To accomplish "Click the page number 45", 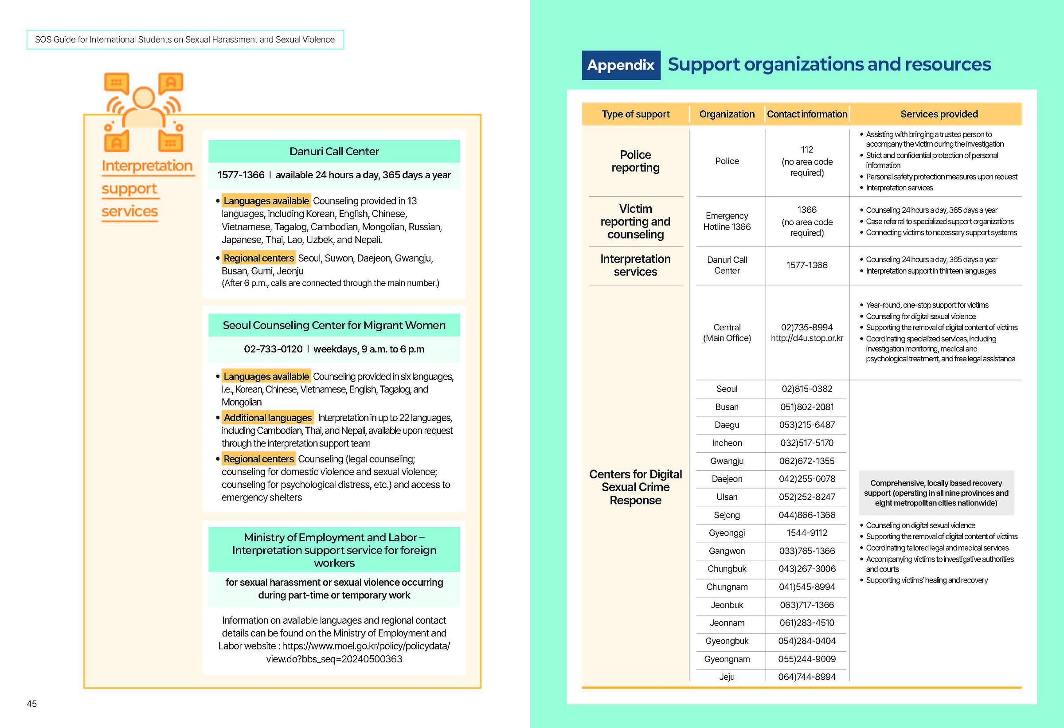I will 31,704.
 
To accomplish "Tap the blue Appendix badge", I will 621,65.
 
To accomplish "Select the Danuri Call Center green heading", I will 334,152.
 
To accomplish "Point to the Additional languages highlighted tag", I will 267,418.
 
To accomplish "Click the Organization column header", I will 727,114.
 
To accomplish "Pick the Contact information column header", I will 807,114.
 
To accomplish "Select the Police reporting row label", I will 635,161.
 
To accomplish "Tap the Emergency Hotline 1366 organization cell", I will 727,221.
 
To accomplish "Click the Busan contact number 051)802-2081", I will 807,407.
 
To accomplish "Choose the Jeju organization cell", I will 727,677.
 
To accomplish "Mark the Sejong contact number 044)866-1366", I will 807,515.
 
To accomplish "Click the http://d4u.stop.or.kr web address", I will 807,338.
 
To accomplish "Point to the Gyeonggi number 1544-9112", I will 807,533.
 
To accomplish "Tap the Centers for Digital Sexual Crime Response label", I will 635,487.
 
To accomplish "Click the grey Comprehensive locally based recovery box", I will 936,493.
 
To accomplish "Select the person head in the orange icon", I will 144,97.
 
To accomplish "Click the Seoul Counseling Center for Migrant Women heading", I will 334,325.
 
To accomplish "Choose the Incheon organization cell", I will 727,443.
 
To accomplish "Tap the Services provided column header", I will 939,114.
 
